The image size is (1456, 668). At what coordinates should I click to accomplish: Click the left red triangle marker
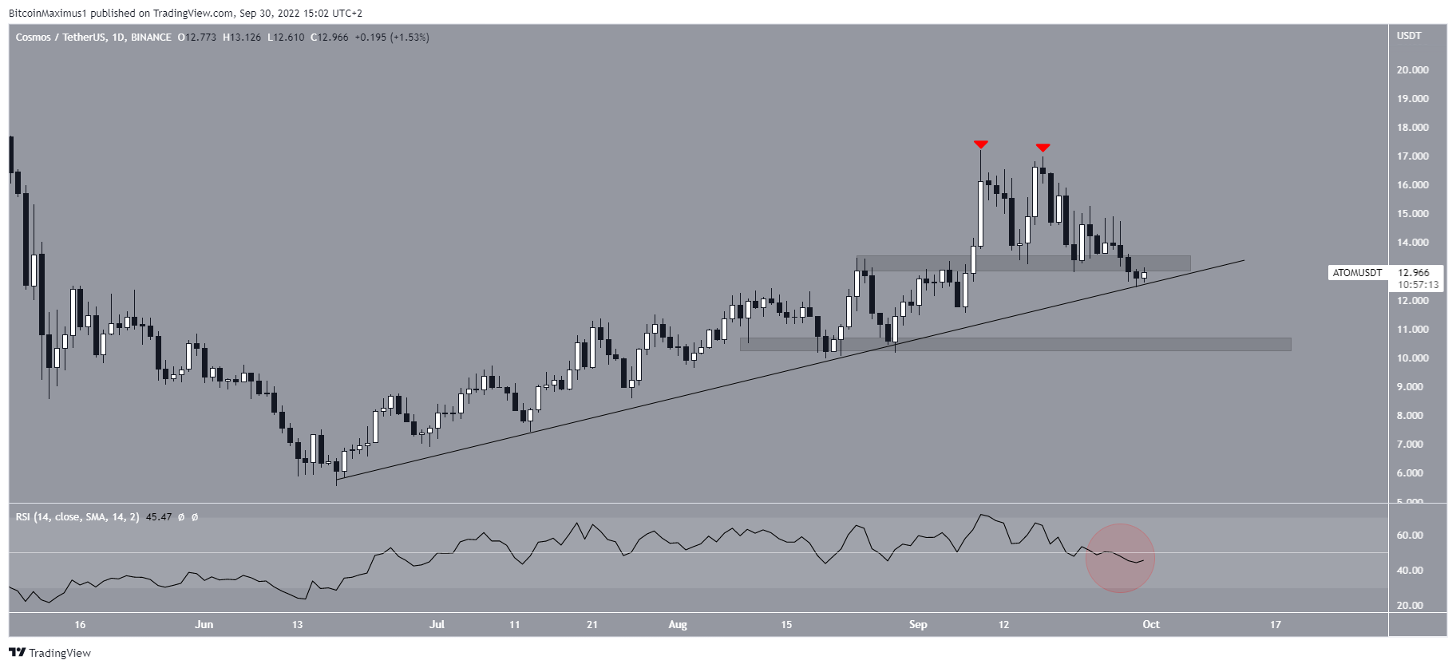coord(981,144)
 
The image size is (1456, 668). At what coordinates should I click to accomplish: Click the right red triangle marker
coord(1043,148)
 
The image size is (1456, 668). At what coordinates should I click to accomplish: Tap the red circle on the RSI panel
coord(1120,558)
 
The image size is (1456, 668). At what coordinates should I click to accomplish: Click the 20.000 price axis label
coord(1412,70)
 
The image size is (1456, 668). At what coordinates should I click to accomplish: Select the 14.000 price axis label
coord(1412,243)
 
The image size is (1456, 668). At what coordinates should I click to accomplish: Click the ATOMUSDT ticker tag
coord(1357,273)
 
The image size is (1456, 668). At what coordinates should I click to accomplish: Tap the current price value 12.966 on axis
coord(1414,273)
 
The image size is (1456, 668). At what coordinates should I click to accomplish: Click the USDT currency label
coord(1409,36)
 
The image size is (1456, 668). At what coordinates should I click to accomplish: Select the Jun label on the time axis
coord(204,624)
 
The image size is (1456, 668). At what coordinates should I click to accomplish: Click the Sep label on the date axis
coord(918,624)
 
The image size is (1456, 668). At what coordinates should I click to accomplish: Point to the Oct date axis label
coord(1150,624)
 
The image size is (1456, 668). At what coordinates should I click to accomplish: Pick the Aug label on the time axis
coord(678,624)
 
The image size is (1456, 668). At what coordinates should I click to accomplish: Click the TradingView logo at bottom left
coord(50,653)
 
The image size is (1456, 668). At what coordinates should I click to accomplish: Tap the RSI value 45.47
coord(159,517)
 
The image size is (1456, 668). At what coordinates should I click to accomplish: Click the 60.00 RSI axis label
coord(1410,536)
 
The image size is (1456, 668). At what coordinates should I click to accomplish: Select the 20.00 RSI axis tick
coord(1410,606)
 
